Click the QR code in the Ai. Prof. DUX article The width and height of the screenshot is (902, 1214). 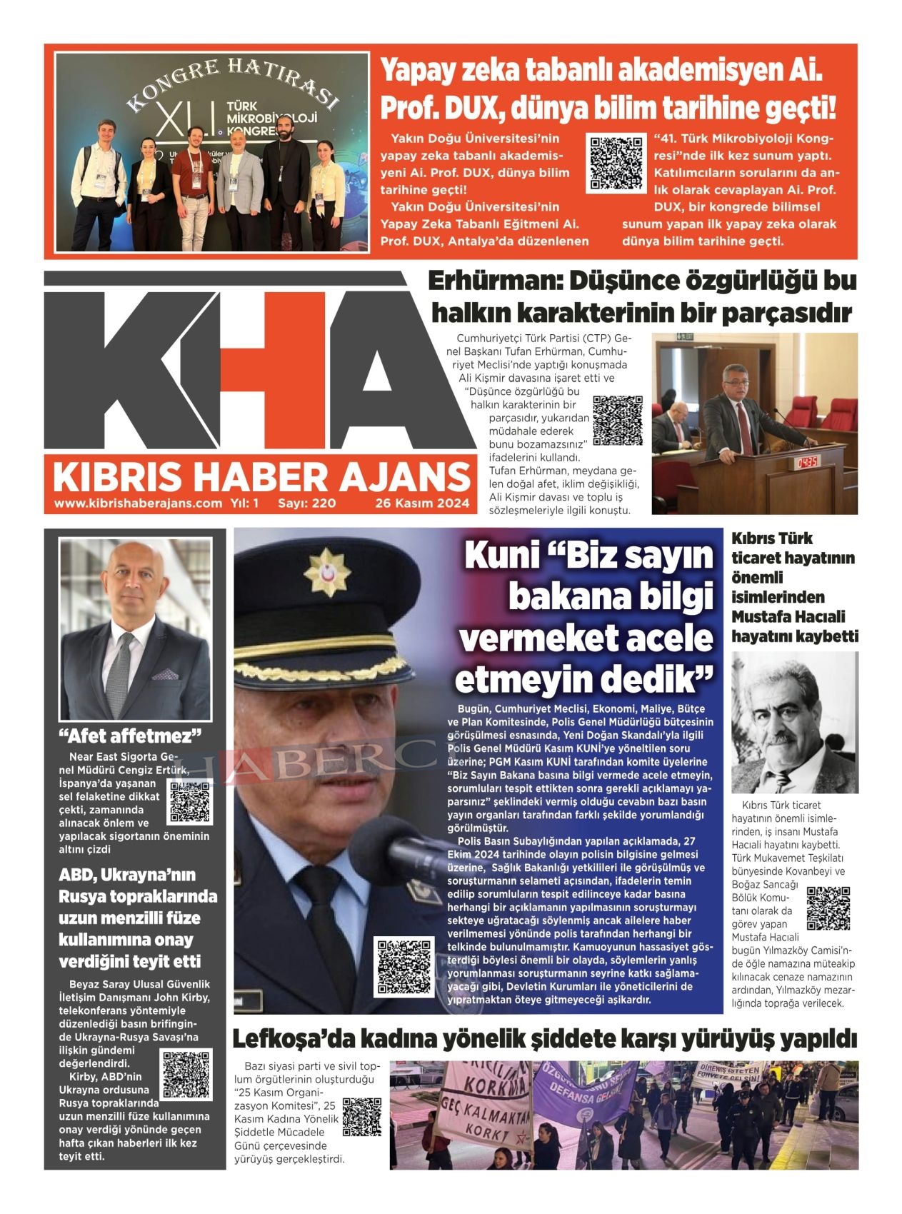pos(615,164)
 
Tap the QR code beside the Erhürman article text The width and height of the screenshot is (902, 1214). pos(618,420)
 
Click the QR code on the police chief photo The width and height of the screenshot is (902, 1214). pos(404,968)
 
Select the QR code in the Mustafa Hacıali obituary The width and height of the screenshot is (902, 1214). pos(828,908)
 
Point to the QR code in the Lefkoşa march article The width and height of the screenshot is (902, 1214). pos(361,1116)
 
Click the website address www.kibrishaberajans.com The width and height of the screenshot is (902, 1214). pos(138,503)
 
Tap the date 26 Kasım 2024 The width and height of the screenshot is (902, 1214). pos(422,503)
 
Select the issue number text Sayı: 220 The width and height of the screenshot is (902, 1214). pos(306,503)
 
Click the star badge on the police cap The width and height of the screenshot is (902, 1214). pos(327,571)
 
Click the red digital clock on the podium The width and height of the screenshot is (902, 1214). pos(807,462)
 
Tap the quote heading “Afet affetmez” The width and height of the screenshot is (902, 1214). pos(130,736)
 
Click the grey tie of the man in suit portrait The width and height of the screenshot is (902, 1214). pos(119,675)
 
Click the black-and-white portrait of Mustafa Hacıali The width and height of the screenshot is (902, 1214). pos(794,723)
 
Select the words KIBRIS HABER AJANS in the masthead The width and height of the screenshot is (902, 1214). pos(261,477)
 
